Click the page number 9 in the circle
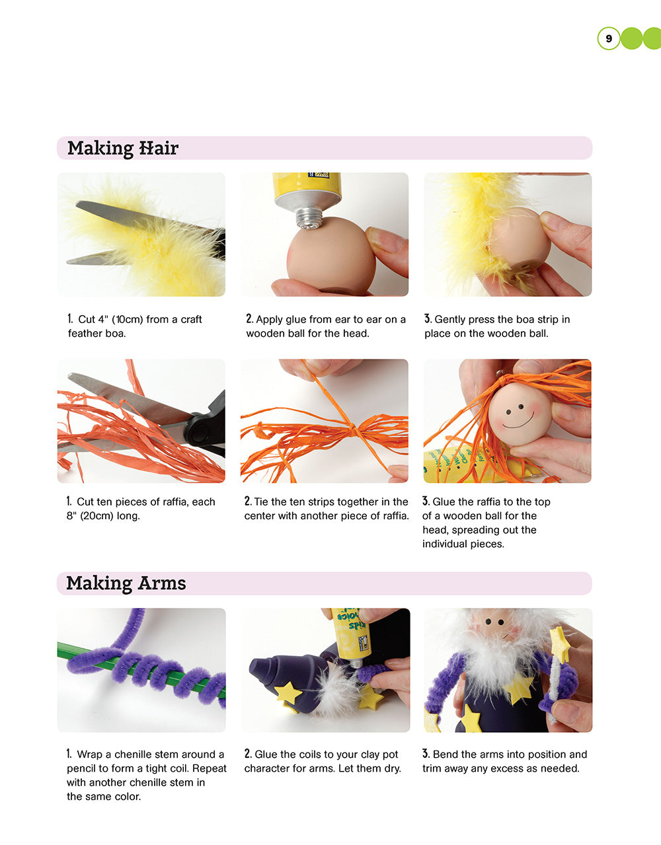(x=609, y=38)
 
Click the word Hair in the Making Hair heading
(x=159, y=148)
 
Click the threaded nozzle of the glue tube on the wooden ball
(x=310, y=219)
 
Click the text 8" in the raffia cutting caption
(x=71, y=516)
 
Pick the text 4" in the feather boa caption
(x=102, y=319)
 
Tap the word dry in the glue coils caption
(x=391, y=768)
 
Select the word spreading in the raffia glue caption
(x=479, y=530)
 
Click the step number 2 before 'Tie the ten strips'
(x=248, y=501)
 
